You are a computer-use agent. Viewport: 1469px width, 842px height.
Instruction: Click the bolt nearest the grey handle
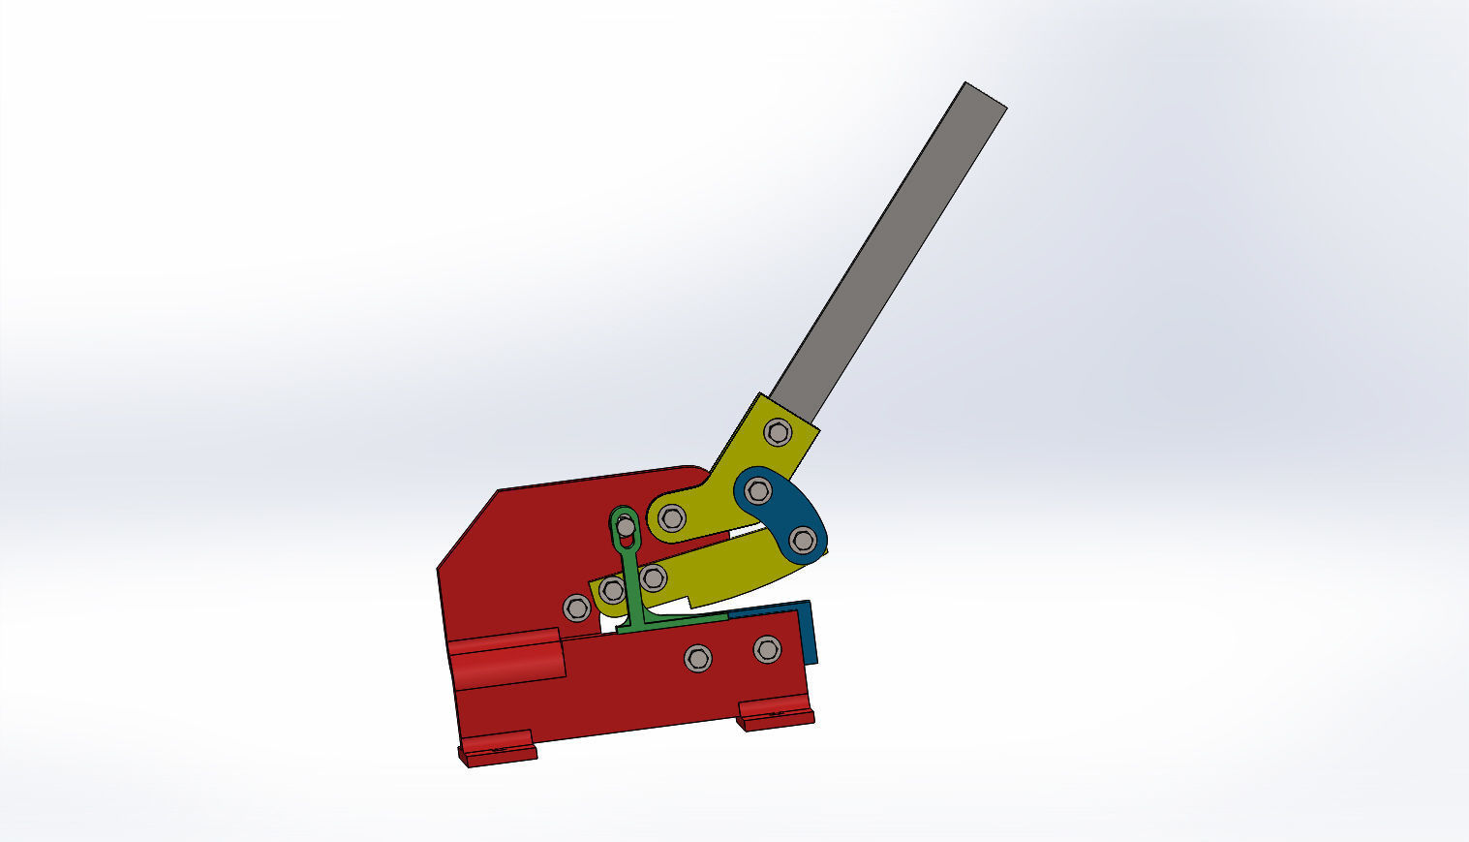click(x=778, y=432)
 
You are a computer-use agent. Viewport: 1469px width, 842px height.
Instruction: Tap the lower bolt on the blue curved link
click(x=802, y=541)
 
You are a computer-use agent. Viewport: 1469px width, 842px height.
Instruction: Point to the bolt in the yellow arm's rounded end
click(x=672, y=518)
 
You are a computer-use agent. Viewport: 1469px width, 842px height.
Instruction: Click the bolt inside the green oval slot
click(x=626, y=527)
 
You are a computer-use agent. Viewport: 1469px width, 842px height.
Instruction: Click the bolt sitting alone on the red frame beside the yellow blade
click(x=576, y=608)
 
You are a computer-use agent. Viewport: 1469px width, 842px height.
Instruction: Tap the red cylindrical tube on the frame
click(x=506, y=659)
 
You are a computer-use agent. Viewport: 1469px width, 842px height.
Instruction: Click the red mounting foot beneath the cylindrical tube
click(x=497, y=749)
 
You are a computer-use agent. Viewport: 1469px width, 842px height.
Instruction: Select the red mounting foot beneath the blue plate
click(x=775, y=717)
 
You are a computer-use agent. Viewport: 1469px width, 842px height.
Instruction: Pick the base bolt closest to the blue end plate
click(x=767, y=649)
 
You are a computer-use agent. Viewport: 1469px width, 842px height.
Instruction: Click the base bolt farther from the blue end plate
click(x=697, y=659)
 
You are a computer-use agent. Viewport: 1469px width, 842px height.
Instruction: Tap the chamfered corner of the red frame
click(x=467, y=528)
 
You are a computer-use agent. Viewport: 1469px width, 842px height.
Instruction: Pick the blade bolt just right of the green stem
click(x=654, y=578)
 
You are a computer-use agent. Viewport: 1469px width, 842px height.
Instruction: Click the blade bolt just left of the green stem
click(x=612, y=589)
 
